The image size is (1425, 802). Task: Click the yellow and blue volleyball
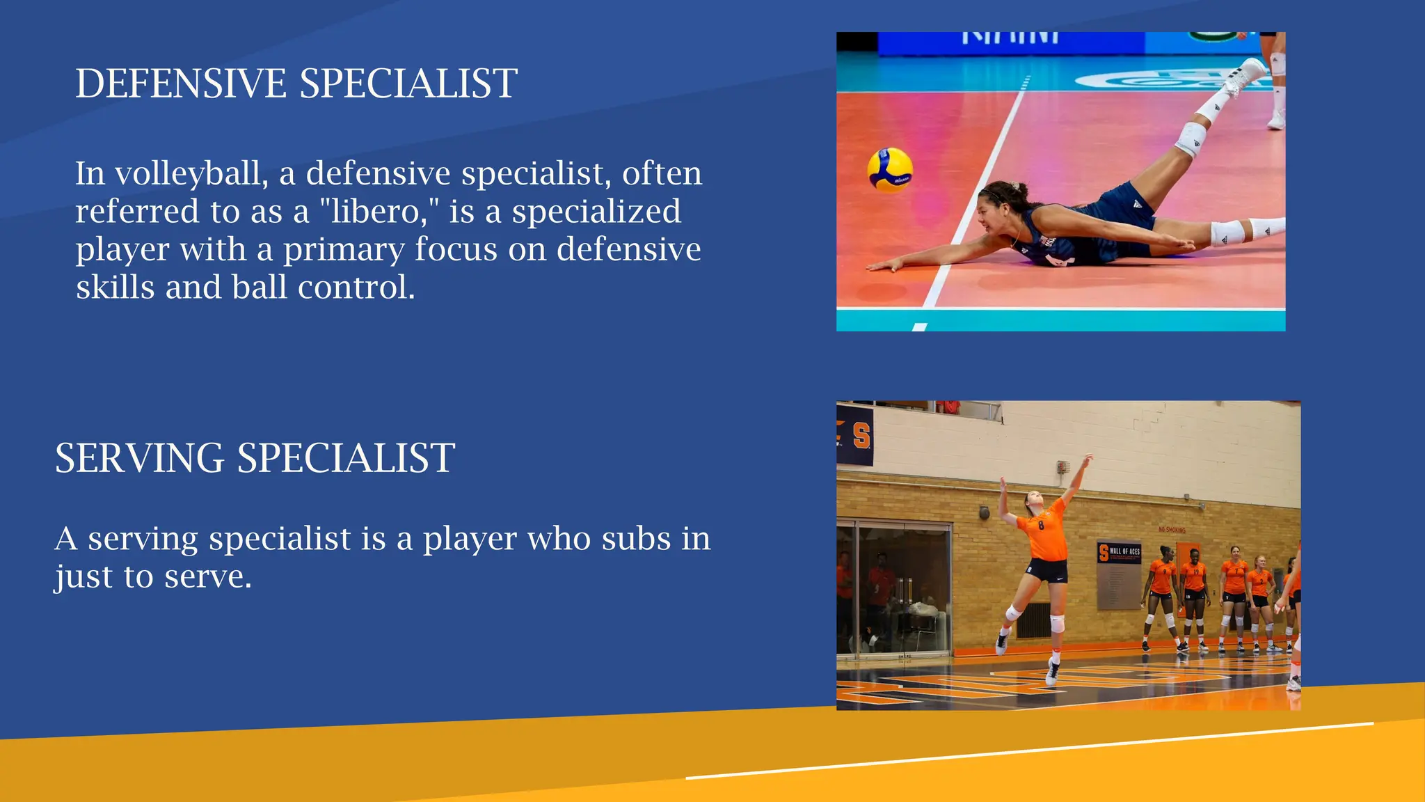click(889, 169)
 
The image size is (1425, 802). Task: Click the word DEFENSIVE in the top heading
click(180, 84)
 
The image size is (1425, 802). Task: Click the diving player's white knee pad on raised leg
click(1191, 137)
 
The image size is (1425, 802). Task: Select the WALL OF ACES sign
click(1120, 552)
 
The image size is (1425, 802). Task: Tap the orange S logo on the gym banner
click(861, 437)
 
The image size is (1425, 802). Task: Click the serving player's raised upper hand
click(1087, 459)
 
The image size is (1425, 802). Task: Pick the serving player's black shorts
click(1046, 570)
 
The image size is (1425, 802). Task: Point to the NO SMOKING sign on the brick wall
click(1172, 530)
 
